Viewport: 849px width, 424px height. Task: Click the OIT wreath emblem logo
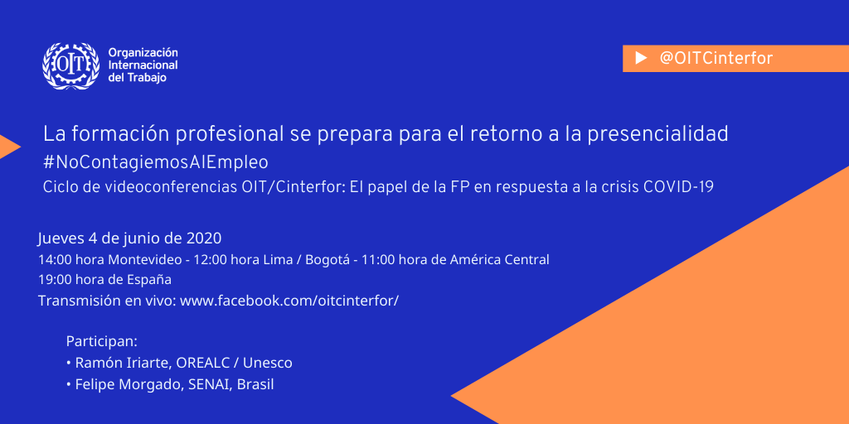tap(71, 66)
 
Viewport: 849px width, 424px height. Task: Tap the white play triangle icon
tap(641, 58)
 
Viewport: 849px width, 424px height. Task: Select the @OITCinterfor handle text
tap(716, 58)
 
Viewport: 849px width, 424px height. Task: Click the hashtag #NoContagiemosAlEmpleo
tap(156, 161)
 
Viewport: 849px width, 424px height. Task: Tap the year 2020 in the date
tap(204, 238)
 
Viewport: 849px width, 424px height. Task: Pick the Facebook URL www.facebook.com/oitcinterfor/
tap(289, 301)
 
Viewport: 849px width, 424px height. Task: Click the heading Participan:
tap(102, 342)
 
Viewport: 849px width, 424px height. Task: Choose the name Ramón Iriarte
tap(124, 363)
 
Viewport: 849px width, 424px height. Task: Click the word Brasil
tap(255, 384)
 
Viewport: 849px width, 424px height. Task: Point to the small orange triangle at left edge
tap(9, 147)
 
